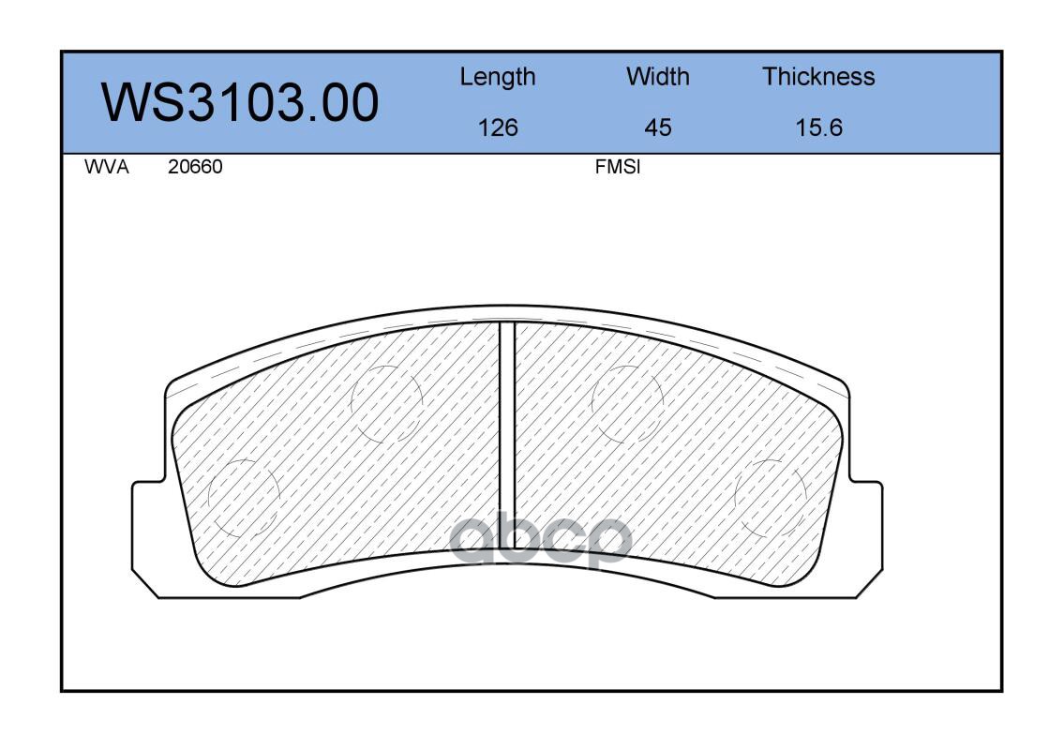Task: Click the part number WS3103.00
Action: pyautogui.click(x=240, y=102)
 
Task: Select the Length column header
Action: pyautogui.click(x=498, y=78)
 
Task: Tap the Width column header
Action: pyautogui.click(x=657, y=76)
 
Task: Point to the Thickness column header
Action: pyautogui.click(x=818, y=76)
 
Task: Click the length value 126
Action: pyautogui.click(x=498, y=127)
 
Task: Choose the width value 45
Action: pyautogui.click(x=657, y=127)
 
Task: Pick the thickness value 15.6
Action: pyautogui.click(x=818, y=127)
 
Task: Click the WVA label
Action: pyautogui.click(x=107, y=167)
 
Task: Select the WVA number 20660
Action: pyautogui.click(x=195, y=167)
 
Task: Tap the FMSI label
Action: pyautogui.click(x=618, y=167)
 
